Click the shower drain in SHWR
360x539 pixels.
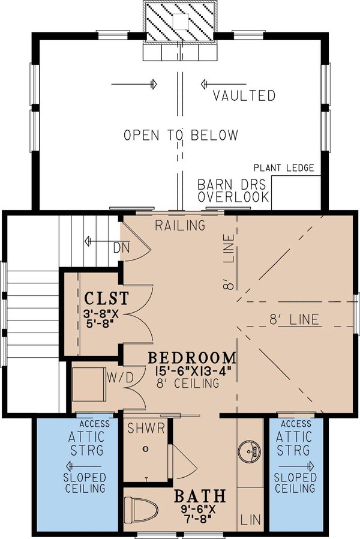point(145,449)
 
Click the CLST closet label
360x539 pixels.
point(106,298)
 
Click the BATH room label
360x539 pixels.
point(200,496)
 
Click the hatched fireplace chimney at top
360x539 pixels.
point(180,22)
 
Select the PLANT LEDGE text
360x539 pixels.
point(283,168)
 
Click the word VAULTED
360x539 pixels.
point(244,96)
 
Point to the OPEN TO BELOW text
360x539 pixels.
point(181,135)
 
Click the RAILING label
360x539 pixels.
point(180,226)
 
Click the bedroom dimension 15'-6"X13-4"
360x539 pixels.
point(192,372)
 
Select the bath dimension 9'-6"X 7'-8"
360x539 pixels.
point(200,514)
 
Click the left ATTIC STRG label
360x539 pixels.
point(85,444)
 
